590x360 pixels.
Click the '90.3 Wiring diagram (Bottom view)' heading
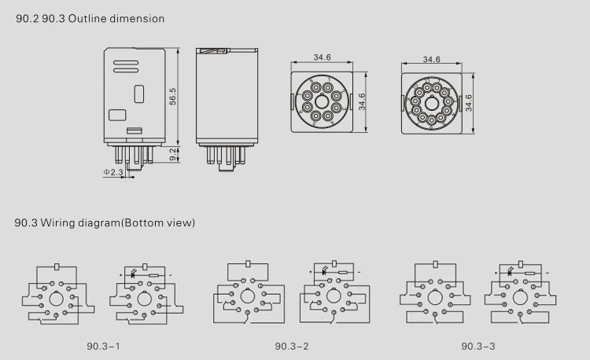[x=104, y=222]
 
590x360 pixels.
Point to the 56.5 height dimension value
[x=171, y=95]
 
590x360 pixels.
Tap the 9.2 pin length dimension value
[x=172, y=154]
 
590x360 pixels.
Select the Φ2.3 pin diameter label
[x=113, y=171]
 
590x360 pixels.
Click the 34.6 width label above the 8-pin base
[x=322, y=57]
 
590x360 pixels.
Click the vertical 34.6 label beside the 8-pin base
[x=362, y=101]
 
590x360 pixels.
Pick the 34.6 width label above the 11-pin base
[x=431, y=59]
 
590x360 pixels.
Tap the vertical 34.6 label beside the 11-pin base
[x=468, y=103]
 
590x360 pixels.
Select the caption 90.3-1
[x=104, y=346]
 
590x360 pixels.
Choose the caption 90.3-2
[x=291, y=346]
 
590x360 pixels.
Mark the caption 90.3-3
[x=478, y=346]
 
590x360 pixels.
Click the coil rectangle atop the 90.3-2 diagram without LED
[x=248, y=265]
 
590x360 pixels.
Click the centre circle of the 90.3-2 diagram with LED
[x=333, y=297]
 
